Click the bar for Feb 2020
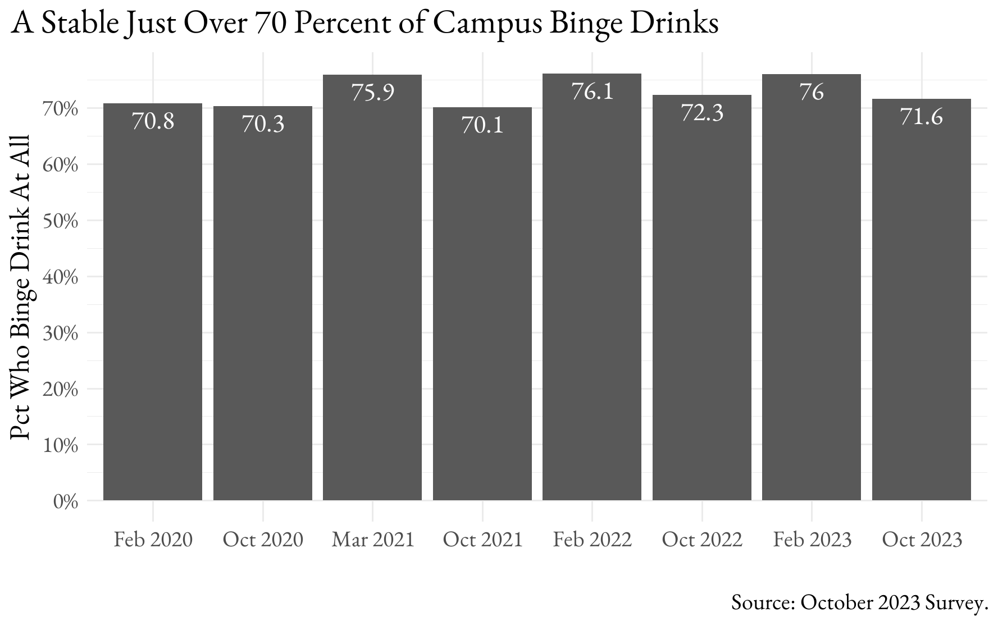(x=153, y=303)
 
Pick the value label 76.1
(x=592, y=92)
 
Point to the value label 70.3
(x=263, y=124)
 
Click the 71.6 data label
(x=921, y=117)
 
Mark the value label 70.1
(x=482, y=125)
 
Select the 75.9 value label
(x=372, y=93)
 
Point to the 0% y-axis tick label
(x=65, y=501)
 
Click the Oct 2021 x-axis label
(x=482, y=540)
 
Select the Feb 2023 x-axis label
(x=812, y=540)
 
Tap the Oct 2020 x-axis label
(x=263, y=540)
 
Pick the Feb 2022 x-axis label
(x=592, y=540)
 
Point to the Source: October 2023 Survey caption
(x=859, y=602)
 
